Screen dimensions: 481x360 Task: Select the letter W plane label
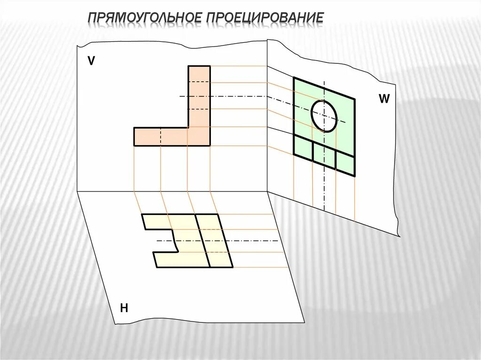coord(384,99)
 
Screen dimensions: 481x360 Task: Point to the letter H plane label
coord(124,308)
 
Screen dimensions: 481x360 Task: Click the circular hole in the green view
coord(324,115)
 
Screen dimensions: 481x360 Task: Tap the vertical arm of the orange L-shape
coord(199,96)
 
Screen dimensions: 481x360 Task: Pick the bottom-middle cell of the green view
coord(324,155)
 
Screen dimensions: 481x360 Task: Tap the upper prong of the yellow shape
coord(169,222)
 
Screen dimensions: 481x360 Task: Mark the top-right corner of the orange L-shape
coord(210,67)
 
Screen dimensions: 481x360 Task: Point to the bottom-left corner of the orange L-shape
coord(134,146)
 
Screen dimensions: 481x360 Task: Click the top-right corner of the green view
coord(355,99)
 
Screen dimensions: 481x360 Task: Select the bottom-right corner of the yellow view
coord(233,267)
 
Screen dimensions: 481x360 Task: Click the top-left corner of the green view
coord(294,78)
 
